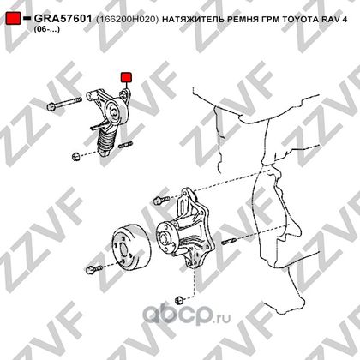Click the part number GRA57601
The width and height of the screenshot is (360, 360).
click(x=63, y=19)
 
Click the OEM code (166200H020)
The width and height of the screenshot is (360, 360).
click(x=127, y=19)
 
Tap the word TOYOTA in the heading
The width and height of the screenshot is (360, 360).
click(x=301, y=19)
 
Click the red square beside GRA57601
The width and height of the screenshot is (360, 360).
click(x=13, y=18)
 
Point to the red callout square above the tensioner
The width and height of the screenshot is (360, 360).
click(x=126, y=77)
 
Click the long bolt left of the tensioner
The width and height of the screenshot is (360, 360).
click(x=64, y=103)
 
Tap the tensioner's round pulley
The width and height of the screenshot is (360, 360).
click(x=116, y=112)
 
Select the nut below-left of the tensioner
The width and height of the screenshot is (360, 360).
click(x=75, y=157)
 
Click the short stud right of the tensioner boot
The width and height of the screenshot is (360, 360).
click(x=125, y=144)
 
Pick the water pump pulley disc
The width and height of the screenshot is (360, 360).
click(x=130, y=248)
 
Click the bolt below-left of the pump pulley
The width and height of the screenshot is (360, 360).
click(x=93, y=269)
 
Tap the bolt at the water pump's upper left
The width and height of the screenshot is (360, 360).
click(x=161, y=200)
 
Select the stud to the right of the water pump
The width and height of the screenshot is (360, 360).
click(x=228, y=242)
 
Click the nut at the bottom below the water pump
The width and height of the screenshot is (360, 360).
click(x=179, y=300)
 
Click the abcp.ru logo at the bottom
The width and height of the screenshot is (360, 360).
click(x=186, y=314)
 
